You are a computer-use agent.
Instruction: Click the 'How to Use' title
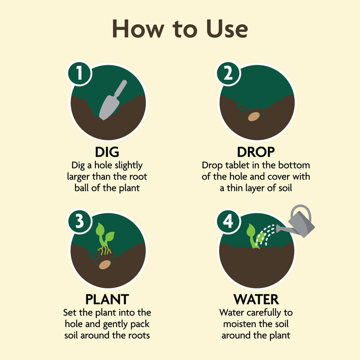(x=180, y=29)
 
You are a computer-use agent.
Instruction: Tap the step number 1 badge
(x=79, y=74)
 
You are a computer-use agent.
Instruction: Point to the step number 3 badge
(x=79, y=222)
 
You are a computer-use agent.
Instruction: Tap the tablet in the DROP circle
(x=255, y=116)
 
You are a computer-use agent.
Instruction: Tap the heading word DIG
(x=107, y=153)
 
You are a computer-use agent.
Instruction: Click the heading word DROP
(x=256, y=153)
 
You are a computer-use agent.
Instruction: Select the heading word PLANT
(x=107, y=299)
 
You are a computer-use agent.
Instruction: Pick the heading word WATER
(x=256, y=299)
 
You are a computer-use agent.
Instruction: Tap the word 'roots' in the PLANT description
(x=139, y=335)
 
